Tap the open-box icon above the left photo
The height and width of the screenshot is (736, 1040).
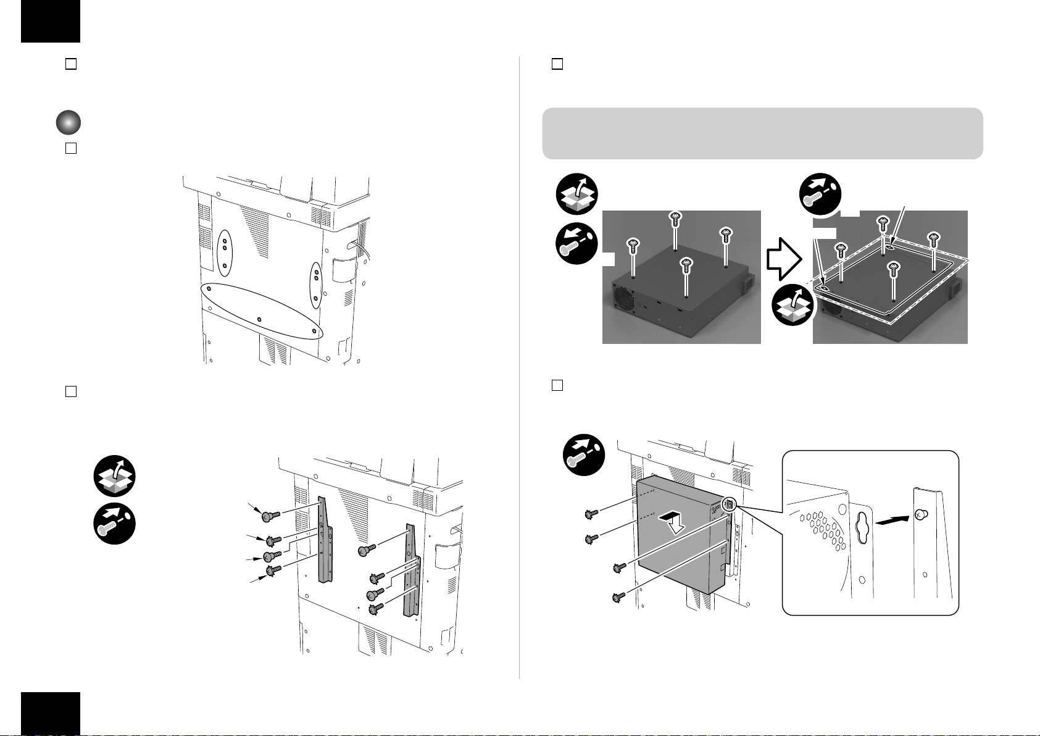coord(576,194)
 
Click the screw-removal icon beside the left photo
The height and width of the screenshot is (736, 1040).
coord(576,243)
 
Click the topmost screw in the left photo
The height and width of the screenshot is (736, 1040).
coord(675,218)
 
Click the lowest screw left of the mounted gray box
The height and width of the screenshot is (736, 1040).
coord(618,597)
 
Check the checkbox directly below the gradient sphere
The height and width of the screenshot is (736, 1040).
coord(70,149)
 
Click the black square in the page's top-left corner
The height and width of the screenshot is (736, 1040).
coord(51,21)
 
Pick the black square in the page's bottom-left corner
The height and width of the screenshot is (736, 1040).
coord(51,713)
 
